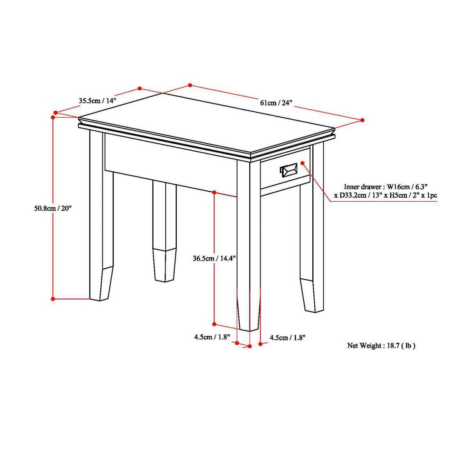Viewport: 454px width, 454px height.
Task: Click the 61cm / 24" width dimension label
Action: pyautogui.click(x=276, y=103)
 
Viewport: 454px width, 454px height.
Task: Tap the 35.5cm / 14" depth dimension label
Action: pyautogui.click(x=98, y=100)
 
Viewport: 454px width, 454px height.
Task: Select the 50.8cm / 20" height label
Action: pyautogui.click(x=53, y=208)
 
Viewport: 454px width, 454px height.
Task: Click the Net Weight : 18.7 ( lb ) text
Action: pyautogui.click(x=381, y=346)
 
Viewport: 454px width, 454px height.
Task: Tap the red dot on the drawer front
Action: pyautogui.click(x=303, y=162)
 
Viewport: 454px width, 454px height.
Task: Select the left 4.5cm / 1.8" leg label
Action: pyautogui.click(x=211, y=337)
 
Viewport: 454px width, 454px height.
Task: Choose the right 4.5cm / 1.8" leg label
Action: pyautogui.click(x=287, y=337)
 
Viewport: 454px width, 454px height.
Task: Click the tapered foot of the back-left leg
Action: pyautogui.click(x=164, y=265)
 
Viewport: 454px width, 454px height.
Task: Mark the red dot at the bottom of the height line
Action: pyautogui.click(x=53, y=299)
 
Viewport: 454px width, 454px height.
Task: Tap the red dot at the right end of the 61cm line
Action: pyautogui.click(x=362, y=120)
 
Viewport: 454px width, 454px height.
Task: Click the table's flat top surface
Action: pyautogui.click(x=204, y=122)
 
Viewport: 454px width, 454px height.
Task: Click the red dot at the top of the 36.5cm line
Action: pyautogui.click(x=214, y=193)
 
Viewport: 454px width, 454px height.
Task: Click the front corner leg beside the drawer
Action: pyautogui.click(x=249, y=243)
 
